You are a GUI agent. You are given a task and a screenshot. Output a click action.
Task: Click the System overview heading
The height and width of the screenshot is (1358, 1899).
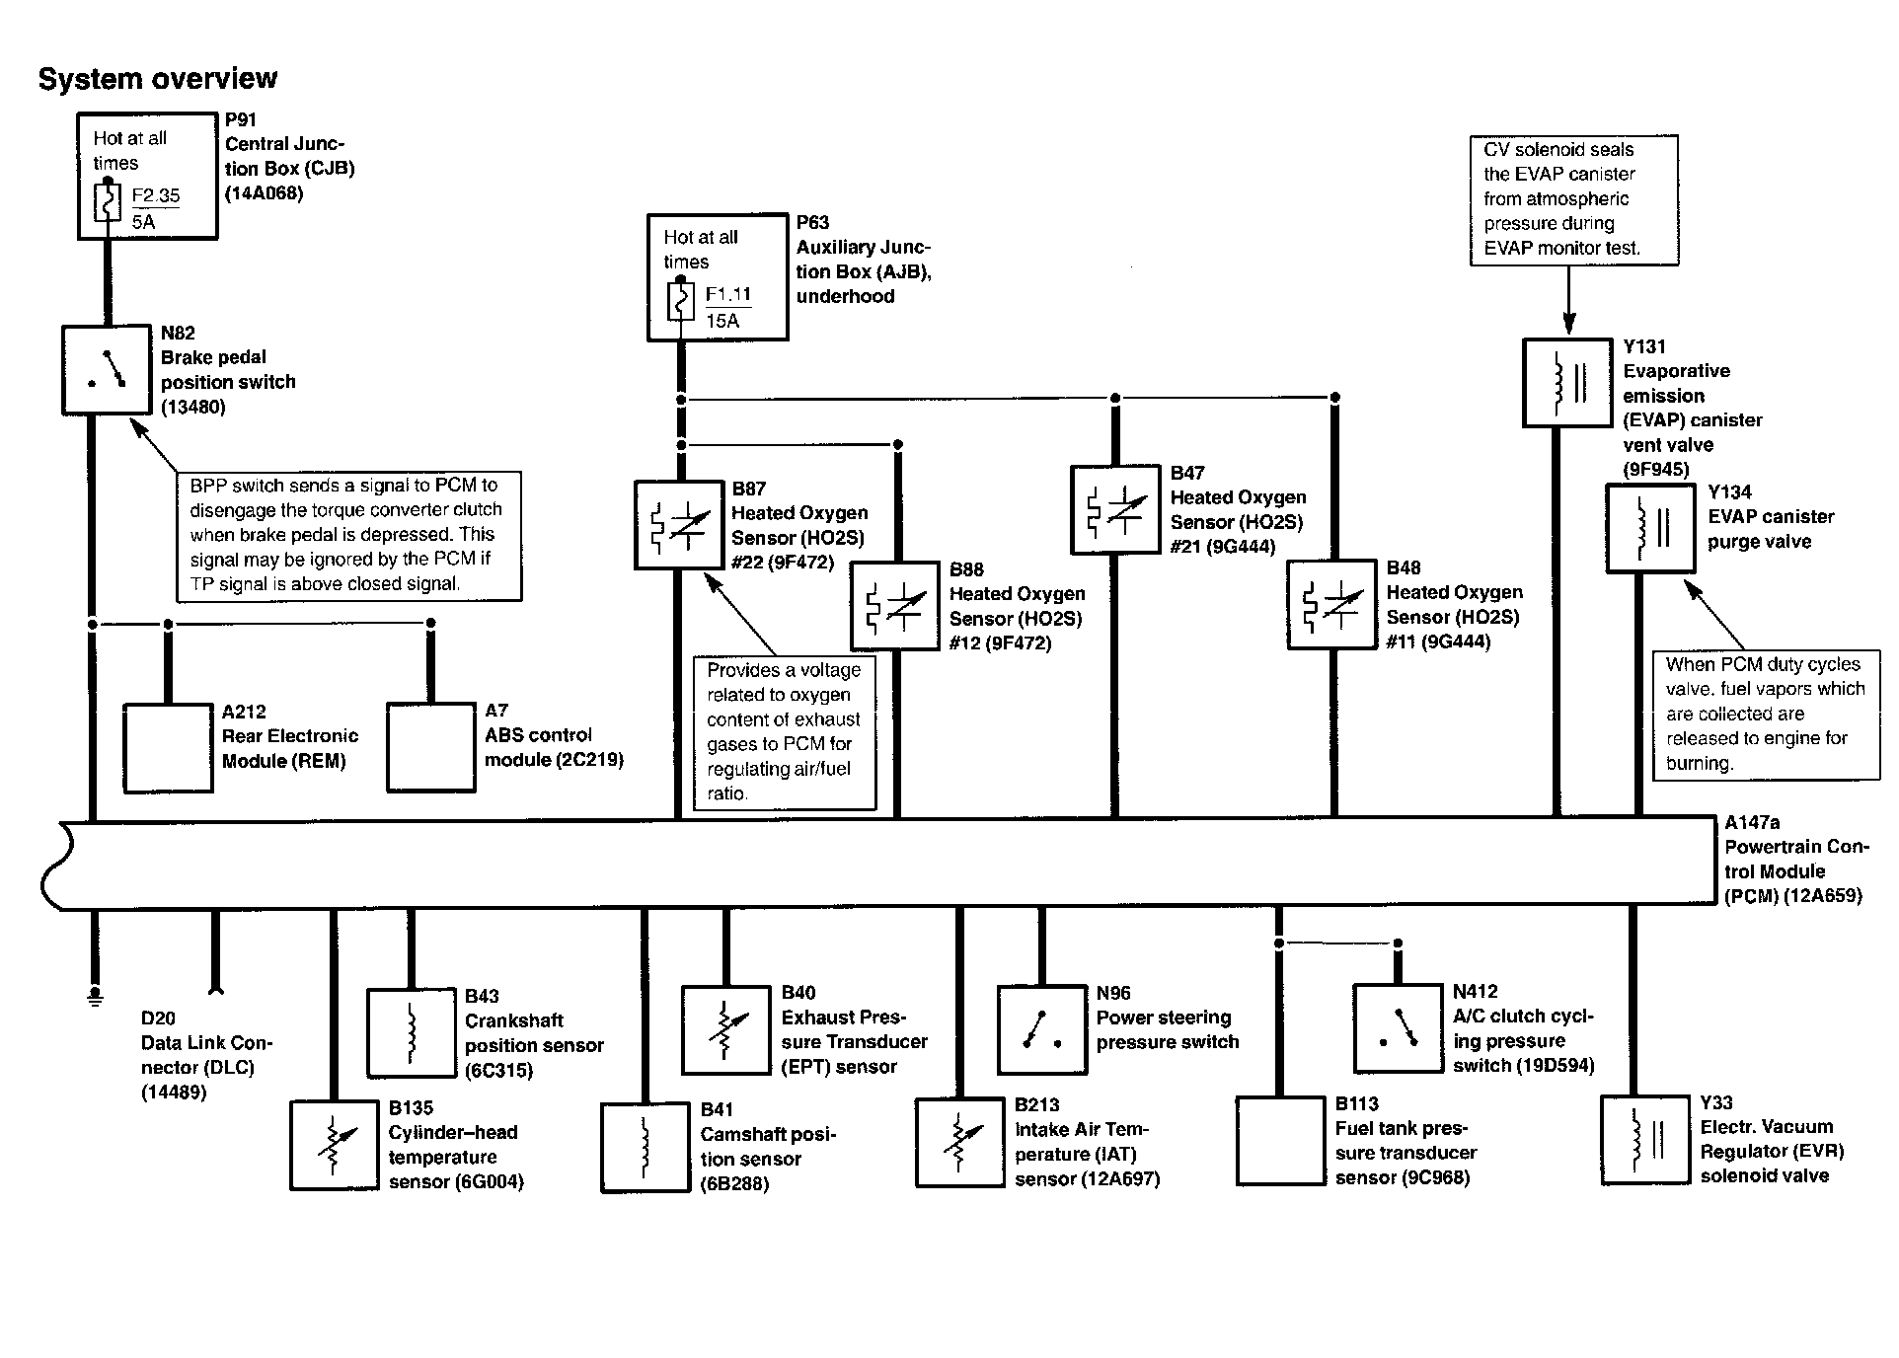tap(158, 79)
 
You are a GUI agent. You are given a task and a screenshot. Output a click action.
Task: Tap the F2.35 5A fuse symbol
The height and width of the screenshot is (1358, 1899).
tap(108, 203)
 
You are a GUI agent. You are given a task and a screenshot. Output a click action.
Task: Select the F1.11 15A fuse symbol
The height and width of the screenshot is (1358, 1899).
tap(679, 302)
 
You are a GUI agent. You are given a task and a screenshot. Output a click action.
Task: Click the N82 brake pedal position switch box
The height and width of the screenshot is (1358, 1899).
tap(106, 370)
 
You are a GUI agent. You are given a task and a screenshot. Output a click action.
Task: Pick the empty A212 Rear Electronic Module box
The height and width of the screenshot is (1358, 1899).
tap(168, 747)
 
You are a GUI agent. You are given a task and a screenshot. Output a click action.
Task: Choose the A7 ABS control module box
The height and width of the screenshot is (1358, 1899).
tap(430, 747)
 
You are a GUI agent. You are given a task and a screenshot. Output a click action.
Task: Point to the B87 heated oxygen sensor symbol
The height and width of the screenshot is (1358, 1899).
tap(679, 526)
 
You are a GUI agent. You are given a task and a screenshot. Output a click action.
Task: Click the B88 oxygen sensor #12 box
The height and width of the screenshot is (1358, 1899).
tap(895, 607)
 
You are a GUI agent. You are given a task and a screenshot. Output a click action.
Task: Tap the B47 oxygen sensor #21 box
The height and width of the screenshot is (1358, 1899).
tap(1115, 509)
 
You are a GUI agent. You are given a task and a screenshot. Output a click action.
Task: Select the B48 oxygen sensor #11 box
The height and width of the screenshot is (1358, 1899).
tap(1332, 605)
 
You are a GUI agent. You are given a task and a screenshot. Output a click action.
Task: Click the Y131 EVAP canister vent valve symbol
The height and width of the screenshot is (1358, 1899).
tap(1567, 383)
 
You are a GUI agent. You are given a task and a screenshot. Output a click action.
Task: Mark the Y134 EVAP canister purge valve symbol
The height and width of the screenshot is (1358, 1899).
tap(1650, 528)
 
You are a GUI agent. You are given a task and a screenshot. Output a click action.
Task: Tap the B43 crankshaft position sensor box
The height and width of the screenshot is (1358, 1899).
tap(411, 1032)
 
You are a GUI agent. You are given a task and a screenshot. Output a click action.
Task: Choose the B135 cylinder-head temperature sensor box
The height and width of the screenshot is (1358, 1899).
tap(334, 1146)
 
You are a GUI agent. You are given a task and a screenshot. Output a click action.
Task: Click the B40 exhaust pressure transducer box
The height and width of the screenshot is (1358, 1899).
tap(725, 1030)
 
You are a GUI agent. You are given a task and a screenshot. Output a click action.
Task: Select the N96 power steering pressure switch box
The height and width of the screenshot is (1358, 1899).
tap(1041, 1029)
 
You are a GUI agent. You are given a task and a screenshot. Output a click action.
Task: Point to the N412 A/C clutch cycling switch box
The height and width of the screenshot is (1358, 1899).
tap(1397, 1027)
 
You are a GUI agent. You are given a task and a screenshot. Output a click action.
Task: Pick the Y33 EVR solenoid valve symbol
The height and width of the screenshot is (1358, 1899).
tap(1644, 1140)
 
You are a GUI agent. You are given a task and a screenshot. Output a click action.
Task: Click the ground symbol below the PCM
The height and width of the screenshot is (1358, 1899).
tap(95, 996)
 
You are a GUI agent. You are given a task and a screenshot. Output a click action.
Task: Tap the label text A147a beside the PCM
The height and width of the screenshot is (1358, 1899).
tap(1752, 822)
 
